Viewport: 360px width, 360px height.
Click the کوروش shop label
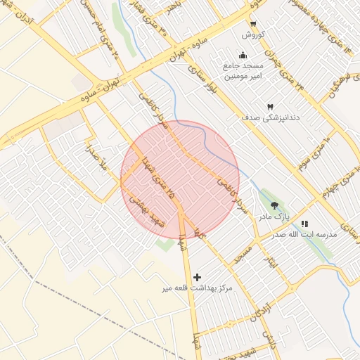252,34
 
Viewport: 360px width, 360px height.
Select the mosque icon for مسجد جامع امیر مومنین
243,56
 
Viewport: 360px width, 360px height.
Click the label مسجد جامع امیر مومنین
243,70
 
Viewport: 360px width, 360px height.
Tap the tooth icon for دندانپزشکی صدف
271,105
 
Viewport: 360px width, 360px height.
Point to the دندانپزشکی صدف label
270,117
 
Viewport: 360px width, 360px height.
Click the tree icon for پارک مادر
274,205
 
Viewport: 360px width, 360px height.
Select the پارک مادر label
274,216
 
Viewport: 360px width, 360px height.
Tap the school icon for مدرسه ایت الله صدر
304,224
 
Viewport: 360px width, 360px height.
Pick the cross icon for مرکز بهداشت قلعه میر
197,277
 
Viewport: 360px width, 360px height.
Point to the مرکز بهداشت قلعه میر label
197,288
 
